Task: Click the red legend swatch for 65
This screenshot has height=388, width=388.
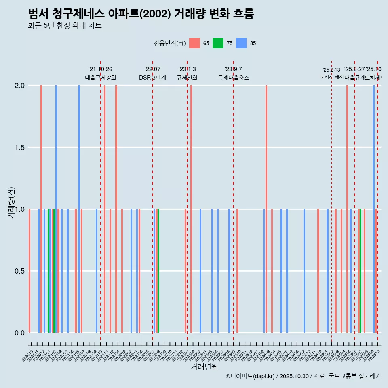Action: click(x=195, y=43)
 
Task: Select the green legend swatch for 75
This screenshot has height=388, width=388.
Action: click(x=218, y=43)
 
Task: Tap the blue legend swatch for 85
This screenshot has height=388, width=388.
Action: click(x=241, y=43)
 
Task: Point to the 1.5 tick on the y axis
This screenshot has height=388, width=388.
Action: click(x=19, y=148)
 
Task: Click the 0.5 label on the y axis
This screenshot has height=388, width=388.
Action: click(x=19, y=271)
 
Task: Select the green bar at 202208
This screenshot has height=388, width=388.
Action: click(x=158, y=271)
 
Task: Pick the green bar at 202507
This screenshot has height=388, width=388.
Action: click(x=360, y=271)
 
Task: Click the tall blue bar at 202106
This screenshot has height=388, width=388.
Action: click(x=79, y=209)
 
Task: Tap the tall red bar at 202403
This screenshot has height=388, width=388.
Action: click(x=266, y=209)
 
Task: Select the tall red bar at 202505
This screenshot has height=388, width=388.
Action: click(x=347, y=209)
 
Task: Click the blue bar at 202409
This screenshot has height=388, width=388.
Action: click(x=304, y=271)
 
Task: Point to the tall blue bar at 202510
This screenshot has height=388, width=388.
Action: click(x=374, y=209)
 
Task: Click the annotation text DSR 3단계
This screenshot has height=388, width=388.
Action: click(x=153, y=78)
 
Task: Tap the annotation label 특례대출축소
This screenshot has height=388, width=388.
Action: click(x=234, y=78)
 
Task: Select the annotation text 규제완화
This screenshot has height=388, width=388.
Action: click(x=187, y=78)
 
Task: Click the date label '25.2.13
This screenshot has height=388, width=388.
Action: click(x=331, y=70)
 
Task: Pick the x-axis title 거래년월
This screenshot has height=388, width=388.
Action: click(x=205, y=367)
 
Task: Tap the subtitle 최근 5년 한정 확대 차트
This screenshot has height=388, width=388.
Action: click(x=65, y=26)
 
